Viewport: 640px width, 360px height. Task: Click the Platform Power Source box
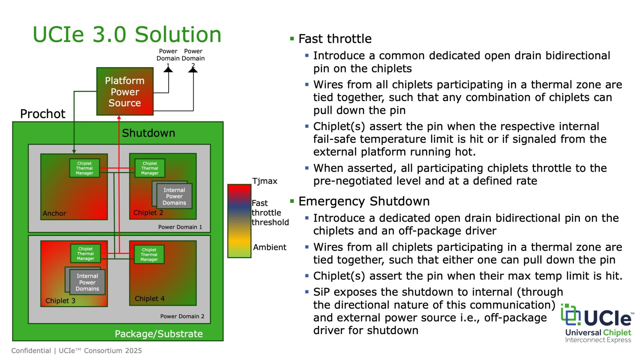[125, 92]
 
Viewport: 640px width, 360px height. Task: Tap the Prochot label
[43, 114]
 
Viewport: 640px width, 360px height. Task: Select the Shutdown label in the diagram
[148, 133]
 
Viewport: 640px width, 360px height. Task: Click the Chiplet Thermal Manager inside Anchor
[84, 168]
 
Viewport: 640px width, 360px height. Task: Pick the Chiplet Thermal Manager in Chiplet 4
[149, 254]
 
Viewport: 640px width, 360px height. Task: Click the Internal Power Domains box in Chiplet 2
[174, 196]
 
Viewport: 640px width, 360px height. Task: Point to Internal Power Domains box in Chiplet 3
[87, 282]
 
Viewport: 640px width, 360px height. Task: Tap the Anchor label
[54, 213]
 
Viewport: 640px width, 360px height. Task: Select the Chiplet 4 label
[149, 299]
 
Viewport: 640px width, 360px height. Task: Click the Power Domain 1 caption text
[180, 227]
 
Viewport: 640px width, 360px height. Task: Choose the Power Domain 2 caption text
[182, 316]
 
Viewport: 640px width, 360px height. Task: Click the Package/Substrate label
[159, 334]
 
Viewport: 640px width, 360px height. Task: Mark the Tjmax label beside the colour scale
[265, 181]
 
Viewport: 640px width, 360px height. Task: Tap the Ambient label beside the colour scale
[269, 247]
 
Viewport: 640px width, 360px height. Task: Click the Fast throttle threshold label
[270, 213]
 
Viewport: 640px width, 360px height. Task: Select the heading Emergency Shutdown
[364, 201]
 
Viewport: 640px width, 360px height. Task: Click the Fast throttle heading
[335, 39]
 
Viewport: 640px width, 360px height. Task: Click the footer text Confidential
[31, 351]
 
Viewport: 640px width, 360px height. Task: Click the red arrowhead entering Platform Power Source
[119, 117]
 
